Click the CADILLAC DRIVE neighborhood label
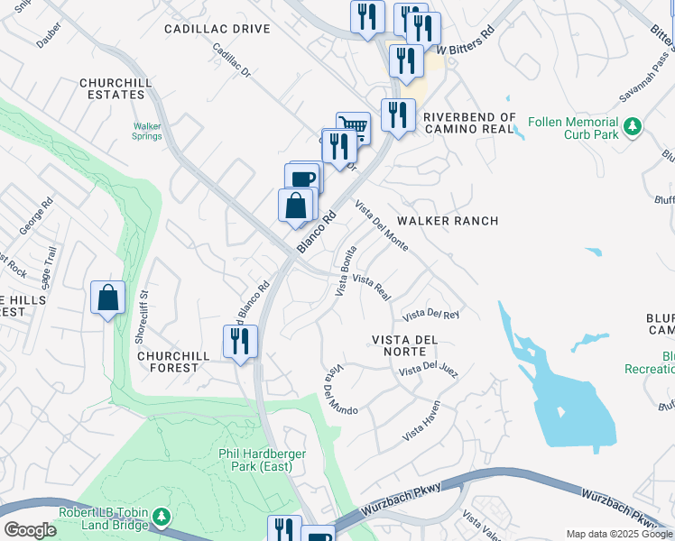pos(217,29)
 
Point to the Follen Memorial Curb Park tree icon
pos(633,124)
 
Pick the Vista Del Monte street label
pos(381,225)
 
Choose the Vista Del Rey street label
pos(431,315)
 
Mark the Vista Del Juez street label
pos(429,370)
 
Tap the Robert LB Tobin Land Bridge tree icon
pos(162,516)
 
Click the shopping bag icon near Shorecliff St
pos(107,298)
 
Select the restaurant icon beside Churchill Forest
pos(241,342)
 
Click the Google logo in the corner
pos(30,530)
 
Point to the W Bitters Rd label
pos(466,35)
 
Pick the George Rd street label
pos(39,214)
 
